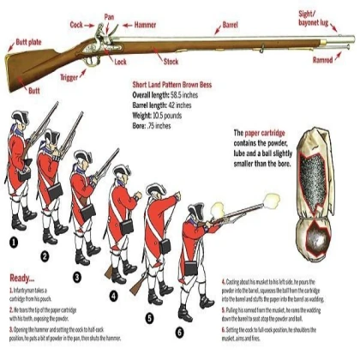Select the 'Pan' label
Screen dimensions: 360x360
[x=109, y=15]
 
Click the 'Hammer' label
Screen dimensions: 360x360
[x=145, y=26]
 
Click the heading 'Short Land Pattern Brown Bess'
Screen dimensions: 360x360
[x=177, y=86]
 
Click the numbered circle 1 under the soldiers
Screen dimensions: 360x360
[x=13, y=243]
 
